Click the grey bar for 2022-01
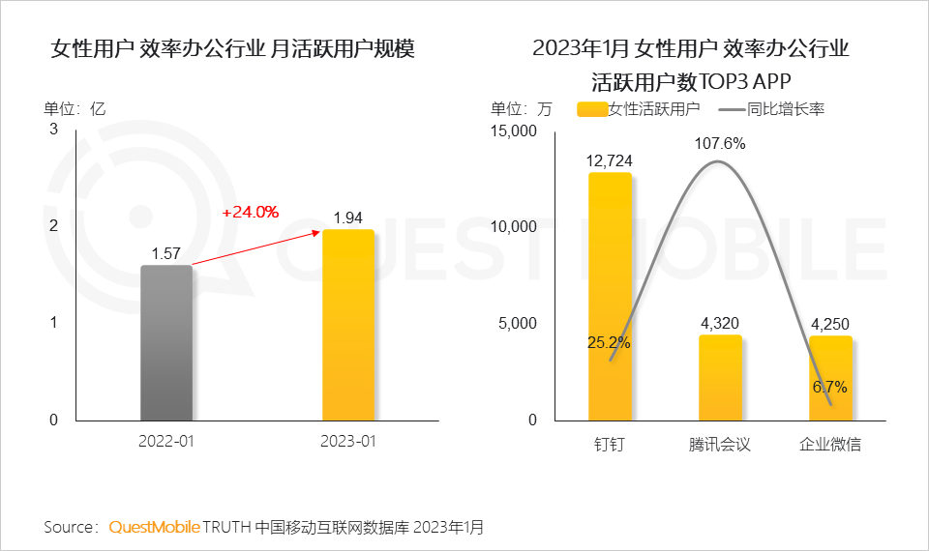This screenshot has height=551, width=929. click(x=166, y=343)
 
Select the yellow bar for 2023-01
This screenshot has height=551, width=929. click(x=347, y=325)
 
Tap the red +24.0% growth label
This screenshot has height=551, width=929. click(x=250, y=212)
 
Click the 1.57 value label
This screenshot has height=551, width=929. click(x=166, y=253)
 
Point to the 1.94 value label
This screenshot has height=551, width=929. click(x=348, y=217)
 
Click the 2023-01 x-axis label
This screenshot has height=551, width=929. click(x=347, y=443)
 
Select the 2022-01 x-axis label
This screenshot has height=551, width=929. click(x=166, y=443)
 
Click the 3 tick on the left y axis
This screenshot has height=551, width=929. click(x=54, y=129)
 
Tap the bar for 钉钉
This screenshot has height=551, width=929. click(x=610, y=297)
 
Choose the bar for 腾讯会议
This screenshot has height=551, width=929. click(x=719, y=378)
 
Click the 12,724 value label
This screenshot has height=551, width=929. click(x=610, y=160)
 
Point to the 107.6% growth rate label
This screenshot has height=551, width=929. click(x=719, y=143)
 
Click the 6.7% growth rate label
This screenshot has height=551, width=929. click(x=829, y=387)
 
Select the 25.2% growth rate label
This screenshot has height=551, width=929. click(x=610, y=342)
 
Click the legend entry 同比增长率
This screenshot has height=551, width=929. click(x=785, y=109)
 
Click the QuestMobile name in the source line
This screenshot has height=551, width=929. click(x=155, y=527)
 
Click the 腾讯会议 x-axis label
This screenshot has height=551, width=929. click(x=719, y=445)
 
